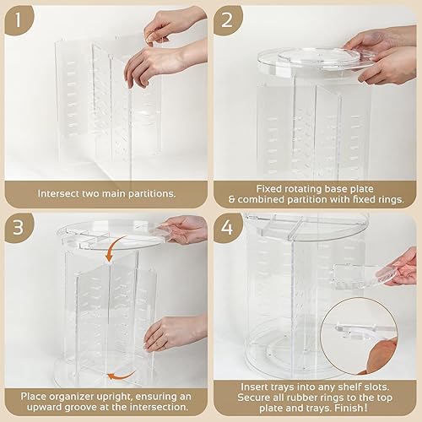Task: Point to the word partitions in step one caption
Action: (149, 192)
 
